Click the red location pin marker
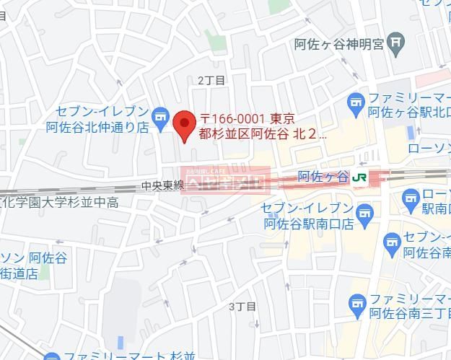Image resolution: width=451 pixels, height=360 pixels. (x=185, y=125)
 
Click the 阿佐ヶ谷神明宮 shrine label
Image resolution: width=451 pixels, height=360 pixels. (x=338, y=44)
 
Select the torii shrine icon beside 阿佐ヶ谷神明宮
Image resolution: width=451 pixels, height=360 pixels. (x=395, y=43)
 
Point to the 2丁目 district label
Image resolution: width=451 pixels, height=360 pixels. (x=211, y=80)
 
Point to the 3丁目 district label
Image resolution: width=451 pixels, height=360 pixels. (x=242, y=306)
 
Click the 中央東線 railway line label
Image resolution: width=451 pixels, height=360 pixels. (x=163, y=185)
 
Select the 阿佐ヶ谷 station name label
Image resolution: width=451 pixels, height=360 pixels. (x=323, y=177)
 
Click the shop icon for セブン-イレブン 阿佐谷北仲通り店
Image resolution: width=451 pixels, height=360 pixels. (x=159, y=113)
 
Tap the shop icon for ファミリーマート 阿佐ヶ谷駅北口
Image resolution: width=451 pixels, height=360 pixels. (x=356, y=105)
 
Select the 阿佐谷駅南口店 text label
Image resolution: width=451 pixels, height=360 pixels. (x=308, y=224)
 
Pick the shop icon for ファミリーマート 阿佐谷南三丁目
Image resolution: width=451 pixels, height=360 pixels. (x=356, y=307)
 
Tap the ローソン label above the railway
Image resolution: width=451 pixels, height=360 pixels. (x=429, y=149)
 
